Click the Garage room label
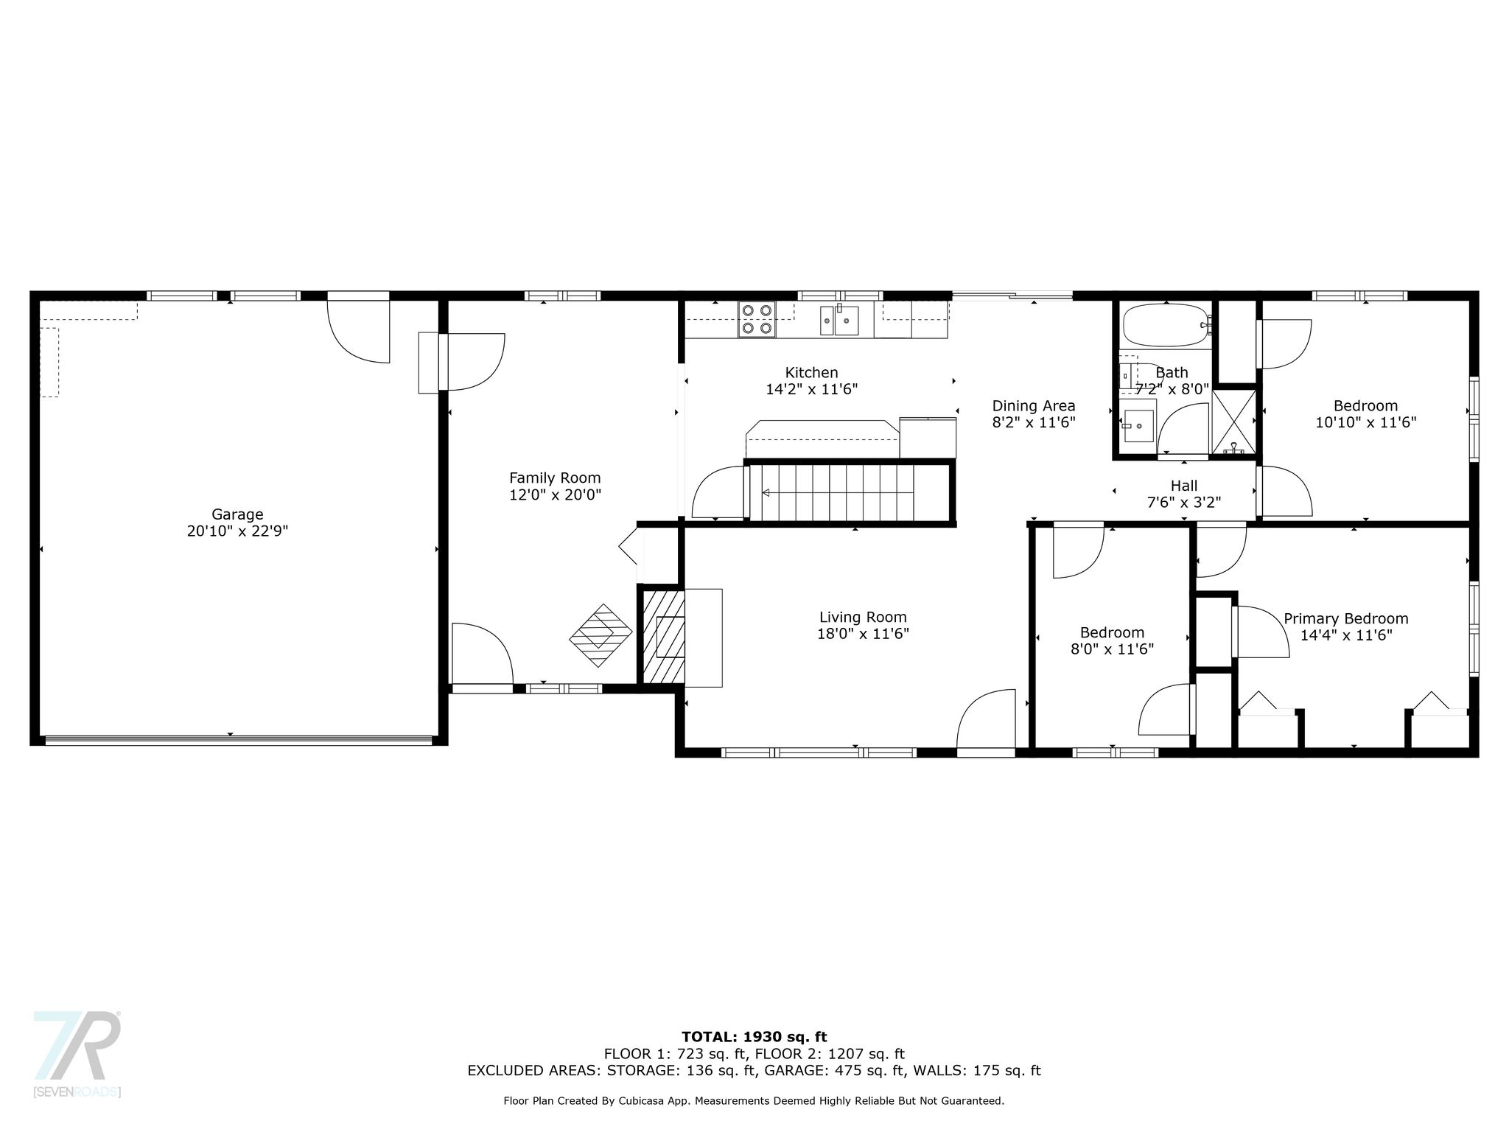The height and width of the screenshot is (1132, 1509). click(x=237, y=514)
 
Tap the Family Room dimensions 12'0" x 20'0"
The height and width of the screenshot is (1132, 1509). click(x=555, y=495)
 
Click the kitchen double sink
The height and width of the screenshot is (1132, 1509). click(x=847, y=320)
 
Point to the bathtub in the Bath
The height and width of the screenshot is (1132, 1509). click(x=1165, y=325)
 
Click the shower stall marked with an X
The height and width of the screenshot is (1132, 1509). click(x=1233, y=422)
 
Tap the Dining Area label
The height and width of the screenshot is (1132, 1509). click(x=1034, y=406)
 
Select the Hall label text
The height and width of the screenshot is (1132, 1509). click(x=1184, y=486)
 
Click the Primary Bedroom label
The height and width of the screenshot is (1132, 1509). click(x=1346, y=619)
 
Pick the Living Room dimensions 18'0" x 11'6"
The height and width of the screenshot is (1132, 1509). click(x=863, y=634)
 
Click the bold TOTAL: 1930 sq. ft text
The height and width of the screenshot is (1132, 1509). click(x=754, y=1037)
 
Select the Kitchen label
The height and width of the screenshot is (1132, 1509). click(x=811, y=373)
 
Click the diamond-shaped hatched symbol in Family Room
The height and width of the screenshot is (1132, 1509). click(x=601, y=635)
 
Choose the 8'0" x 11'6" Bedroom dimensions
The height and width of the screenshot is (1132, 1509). click(x=1112, y=649)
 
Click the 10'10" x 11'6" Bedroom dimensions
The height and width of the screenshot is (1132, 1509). click(x=1366, y=422)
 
